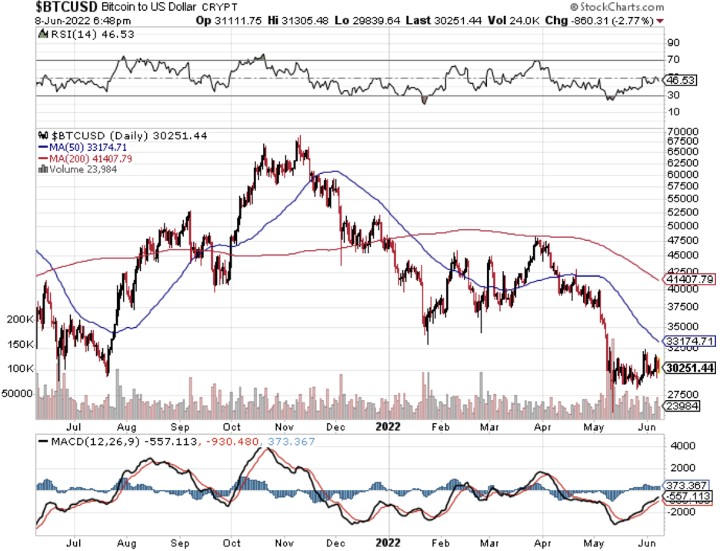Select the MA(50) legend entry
(75, 146)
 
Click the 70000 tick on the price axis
(683, 132)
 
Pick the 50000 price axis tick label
(683, 226)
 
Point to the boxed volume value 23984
(682, 406)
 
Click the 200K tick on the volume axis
(21, 319)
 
